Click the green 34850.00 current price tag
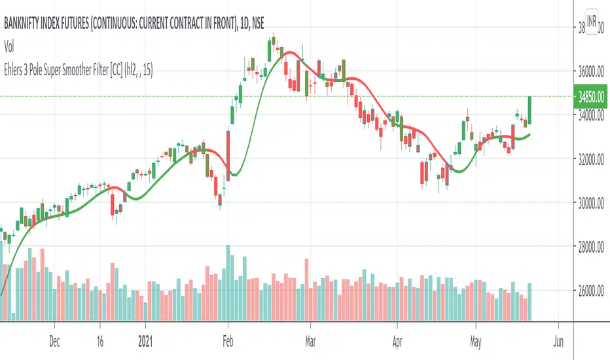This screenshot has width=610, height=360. coord(589,96)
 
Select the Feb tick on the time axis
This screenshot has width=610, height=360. coord(228,341)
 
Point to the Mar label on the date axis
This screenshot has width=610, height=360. coord(311,341)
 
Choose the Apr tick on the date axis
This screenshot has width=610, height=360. coord(397,341)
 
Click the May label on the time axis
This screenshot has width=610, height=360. coord(475,341)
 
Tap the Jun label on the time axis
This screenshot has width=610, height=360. coord(558,341)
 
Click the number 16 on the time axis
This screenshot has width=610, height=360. coord(100,341)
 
